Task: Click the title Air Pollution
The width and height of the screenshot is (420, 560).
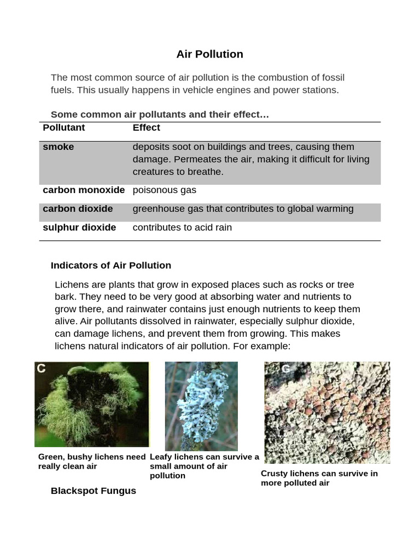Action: (x=209, y=54)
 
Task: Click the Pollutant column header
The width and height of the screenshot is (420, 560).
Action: (x=64, y=127)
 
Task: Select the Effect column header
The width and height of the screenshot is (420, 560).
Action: (x=146, y=127)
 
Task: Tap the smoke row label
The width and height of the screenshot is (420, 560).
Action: (x=58, y=147)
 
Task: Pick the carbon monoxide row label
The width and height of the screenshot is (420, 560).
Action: (x=84, y=190)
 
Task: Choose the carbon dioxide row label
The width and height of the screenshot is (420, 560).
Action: (x=78, y=208)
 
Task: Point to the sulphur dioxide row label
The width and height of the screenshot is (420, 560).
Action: (x=79, y=227)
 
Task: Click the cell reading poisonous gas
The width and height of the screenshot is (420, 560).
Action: (x=164, y=190)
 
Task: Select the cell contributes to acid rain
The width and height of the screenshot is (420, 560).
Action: (x=182, y=227)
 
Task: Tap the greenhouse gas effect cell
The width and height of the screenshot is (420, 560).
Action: (x=243, y=208)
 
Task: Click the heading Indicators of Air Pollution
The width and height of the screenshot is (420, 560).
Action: (x=110, y=265)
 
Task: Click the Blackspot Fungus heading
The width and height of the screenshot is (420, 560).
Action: (x=93, y=491)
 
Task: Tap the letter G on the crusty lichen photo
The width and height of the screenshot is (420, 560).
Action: (x=285, y=369)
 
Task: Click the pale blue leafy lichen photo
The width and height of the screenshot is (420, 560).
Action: (x=201, y=406)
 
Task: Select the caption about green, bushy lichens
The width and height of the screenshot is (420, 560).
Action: (x=92, y=462)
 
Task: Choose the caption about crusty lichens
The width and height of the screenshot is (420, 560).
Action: (x=319, y=478)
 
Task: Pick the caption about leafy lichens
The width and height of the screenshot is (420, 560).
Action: (x=204, y=466)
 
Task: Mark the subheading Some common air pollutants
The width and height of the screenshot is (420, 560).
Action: (x=160, y=114)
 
